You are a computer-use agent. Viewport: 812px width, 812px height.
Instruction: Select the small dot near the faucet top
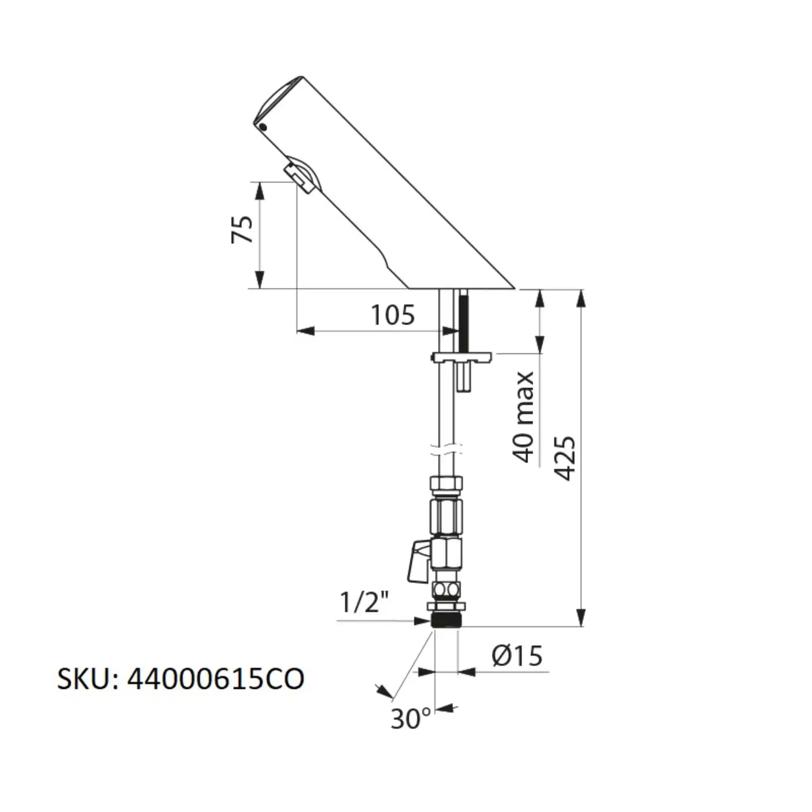(263, 126)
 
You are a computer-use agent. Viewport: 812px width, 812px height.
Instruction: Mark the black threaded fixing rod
(463, 320)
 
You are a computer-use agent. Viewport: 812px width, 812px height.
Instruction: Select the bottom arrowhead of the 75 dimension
(260, 280)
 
